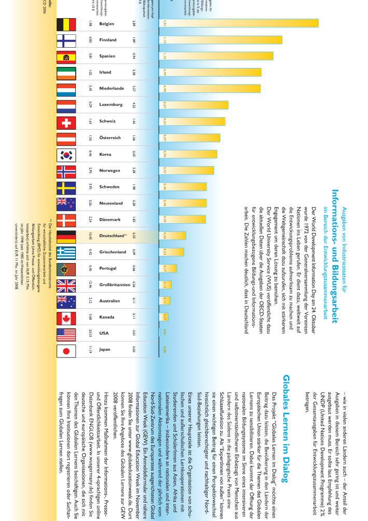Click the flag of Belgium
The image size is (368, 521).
coord(66,24)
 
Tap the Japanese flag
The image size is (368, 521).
coord(66,350)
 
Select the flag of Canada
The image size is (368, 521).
coord(66,317)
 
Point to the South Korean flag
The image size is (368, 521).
coord(66,154)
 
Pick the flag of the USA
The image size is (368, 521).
coord(66,333)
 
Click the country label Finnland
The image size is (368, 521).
coord(108,40)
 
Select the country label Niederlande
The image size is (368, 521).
coord(112,89)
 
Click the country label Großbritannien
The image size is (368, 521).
coord(115,284)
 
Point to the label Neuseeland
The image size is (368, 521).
coord(111,203)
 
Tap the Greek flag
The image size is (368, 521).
coord(66,252)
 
